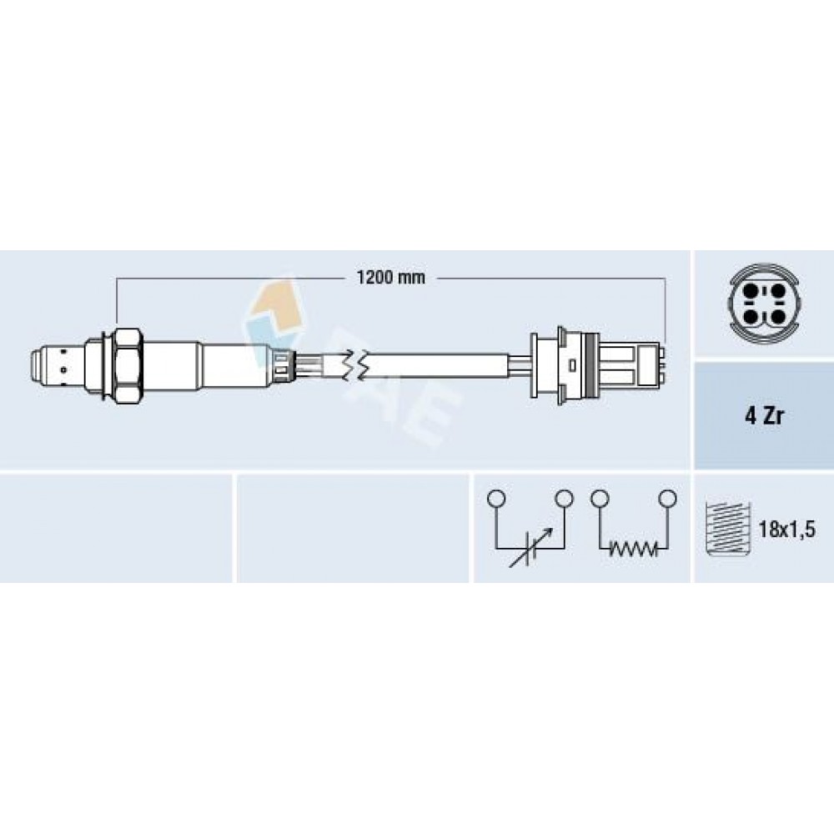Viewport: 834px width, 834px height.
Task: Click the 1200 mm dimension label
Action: (x=390, y=278)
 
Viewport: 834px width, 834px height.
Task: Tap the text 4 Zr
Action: (x=764, y=416)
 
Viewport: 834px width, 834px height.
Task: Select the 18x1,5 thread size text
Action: (x=786, y=530)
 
